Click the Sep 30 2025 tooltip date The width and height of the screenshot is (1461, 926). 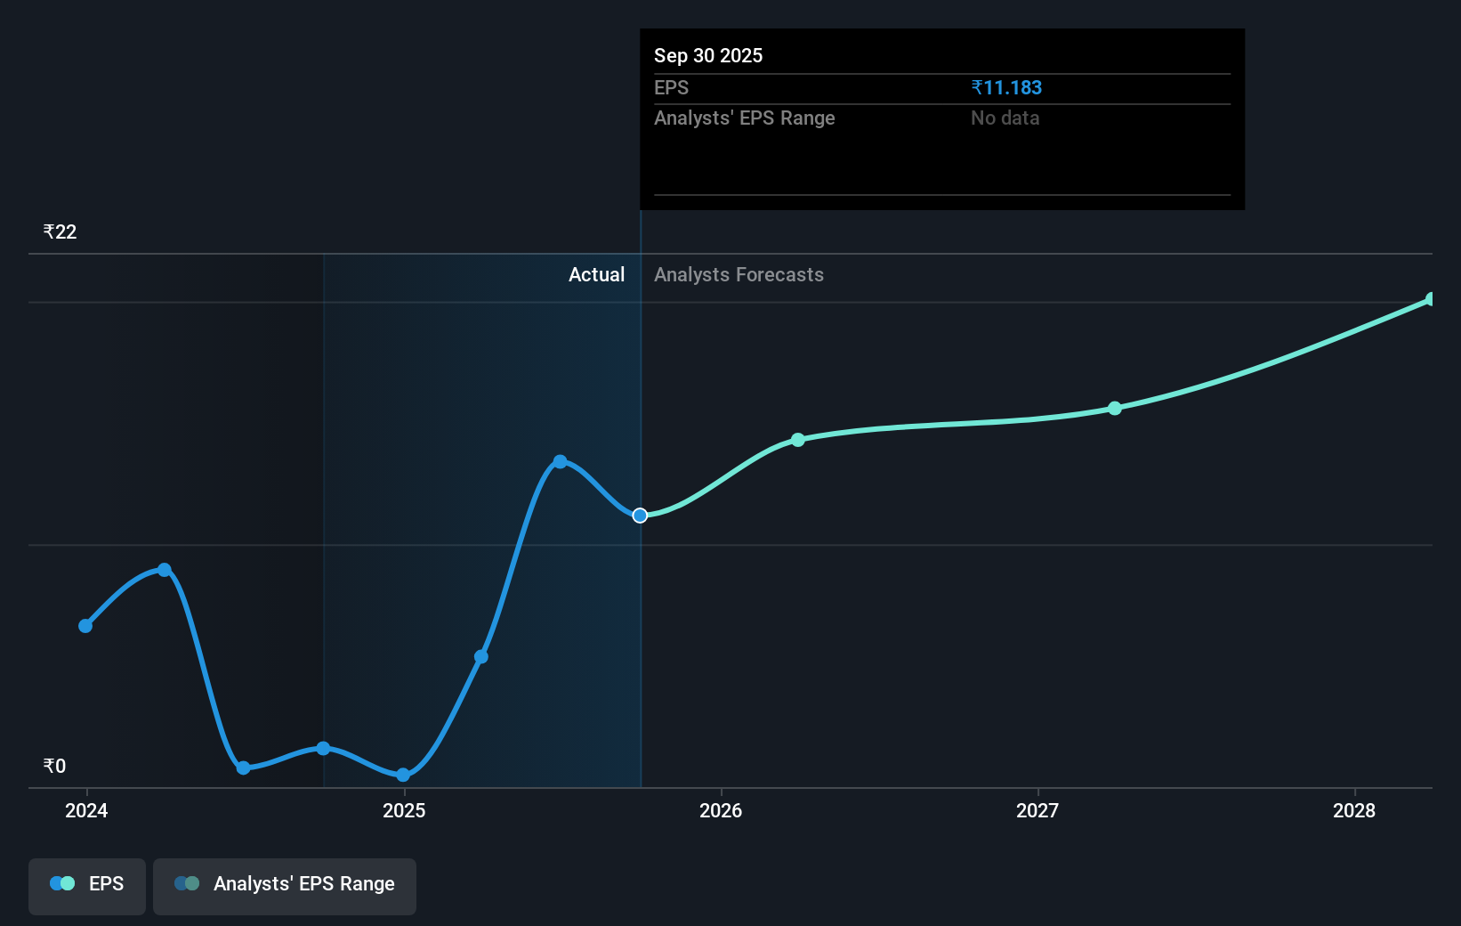point(708,55)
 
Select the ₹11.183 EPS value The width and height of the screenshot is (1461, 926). point(1006,87)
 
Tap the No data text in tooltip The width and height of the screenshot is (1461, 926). point(1005,118)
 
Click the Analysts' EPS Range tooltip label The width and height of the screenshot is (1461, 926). point(744,118)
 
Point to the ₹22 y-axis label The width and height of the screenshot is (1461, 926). point(60,231)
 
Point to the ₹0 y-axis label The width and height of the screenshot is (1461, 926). point(54,766)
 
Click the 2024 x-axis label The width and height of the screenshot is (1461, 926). point(86,810)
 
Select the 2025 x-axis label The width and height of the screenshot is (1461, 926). point(404,810)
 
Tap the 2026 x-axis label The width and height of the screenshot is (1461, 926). point(721,810)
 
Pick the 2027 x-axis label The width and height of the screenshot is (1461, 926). point(1037,810)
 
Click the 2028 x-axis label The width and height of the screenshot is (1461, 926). point(1354,810)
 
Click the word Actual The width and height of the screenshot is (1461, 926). point(596,274)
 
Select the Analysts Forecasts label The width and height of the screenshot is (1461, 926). point(739,274)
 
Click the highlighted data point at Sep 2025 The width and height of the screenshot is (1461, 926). point(640,516)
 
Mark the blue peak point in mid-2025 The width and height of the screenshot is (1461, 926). point(560,461)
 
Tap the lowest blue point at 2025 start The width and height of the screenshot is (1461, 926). point(403,775)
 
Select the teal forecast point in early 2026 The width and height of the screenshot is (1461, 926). point(798,440)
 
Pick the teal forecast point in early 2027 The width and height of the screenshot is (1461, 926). point(1115,408)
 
